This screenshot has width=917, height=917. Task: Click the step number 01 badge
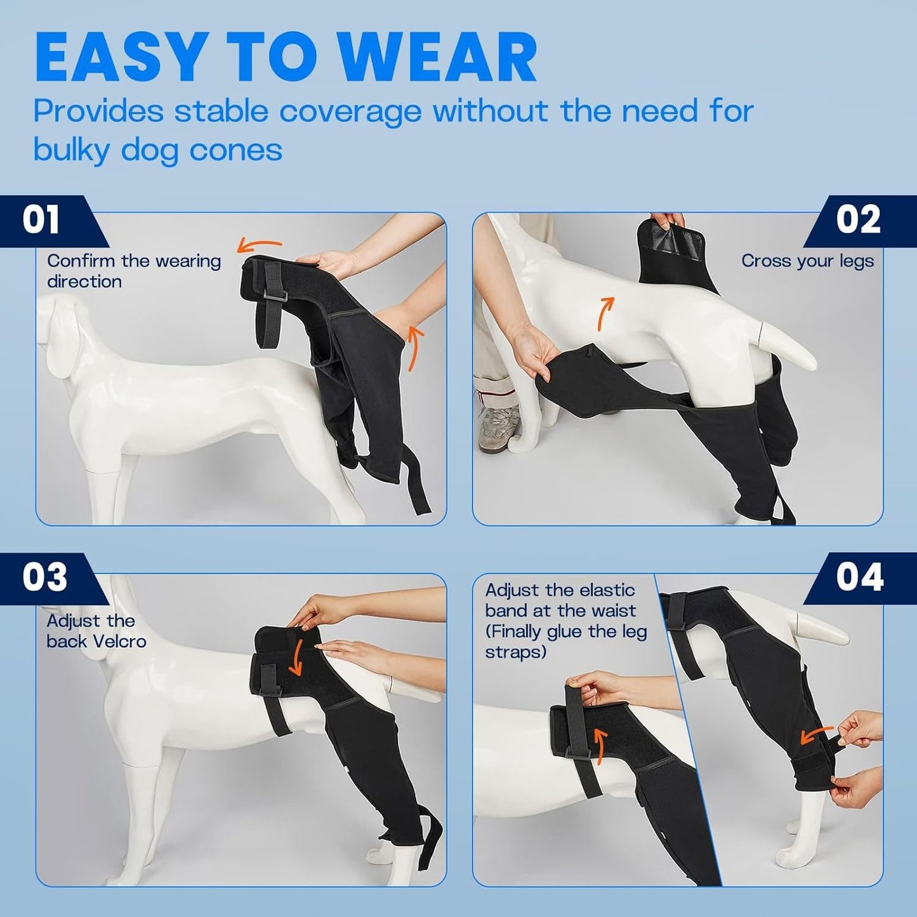(41, 220)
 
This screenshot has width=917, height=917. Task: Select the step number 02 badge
(858, 220)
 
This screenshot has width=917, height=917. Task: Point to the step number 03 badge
(44, 577)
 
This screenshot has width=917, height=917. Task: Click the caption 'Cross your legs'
(807, 261)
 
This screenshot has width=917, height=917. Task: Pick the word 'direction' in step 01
(84, 281)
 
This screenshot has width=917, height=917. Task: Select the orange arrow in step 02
(605, 313)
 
